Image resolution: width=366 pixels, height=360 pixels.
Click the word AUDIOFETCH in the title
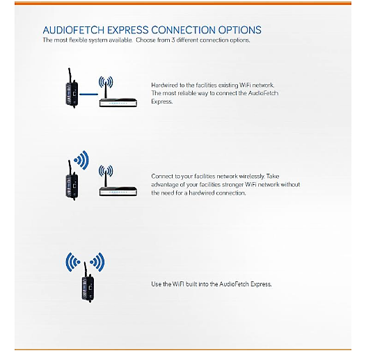[74, 30]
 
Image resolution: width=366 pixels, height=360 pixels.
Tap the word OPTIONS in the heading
[240, 30]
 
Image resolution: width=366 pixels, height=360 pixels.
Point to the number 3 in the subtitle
[173, 40]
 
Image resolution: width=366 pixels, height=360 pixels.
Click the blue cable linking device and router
[88, 95]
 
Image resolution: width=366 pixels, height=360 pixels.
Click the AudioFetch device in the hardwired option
[72, 88]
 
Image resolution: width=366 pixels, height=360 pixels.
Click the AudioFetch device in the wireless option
[72, 180]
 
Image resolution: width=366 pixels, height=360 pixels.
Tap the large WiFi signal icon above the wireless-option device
[81, 160]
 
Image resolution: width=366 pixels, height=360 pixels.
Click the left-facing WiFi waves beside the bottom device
[73, 262]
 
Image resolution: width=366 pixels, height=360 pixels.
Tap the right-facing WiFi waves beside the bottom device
[97, 262]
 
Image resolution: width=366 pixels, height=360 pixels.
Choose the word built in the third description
[191, 284]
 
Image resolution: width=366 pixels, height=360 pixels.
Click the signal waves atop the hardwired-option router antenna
[106, 81]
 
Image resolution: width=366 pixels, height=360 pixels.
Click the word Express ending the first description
[161, 101]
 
